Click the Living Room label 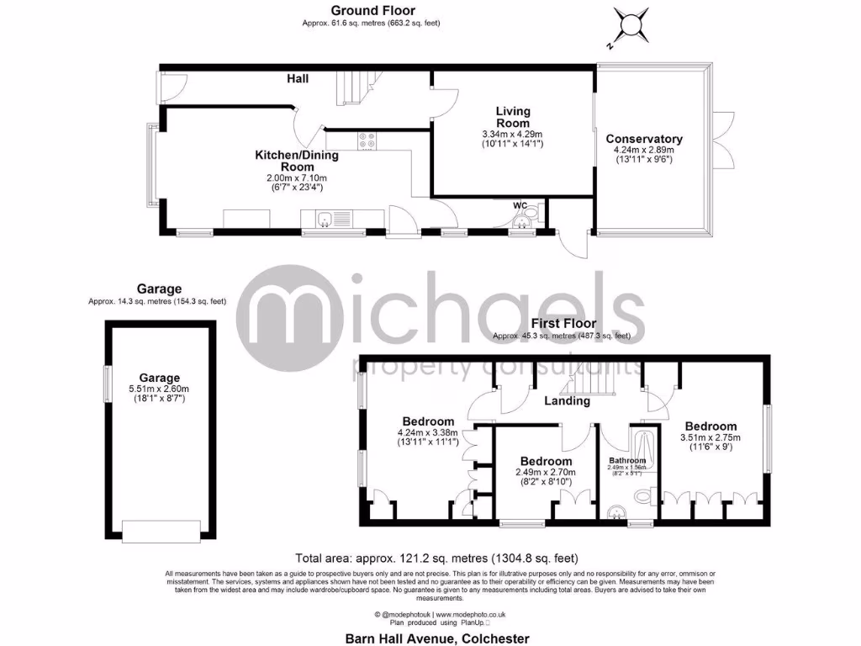click(x=512, y=118)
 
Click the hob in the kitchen click(x=367, y=141)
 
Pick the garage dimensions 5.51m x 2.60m click(x=160, y=389)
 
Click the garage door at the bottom click(x=161, y=530)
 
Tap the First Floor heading click(x=563, y=323)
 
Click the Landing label click(x=566, y=401)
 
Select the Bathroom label click(x=627, y=461)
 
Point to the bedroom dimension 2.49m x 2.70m click(x=546, y=473)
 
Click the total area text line click(x=436, y=558)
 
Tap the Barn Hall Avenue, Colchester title click(x=438, y=638)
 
